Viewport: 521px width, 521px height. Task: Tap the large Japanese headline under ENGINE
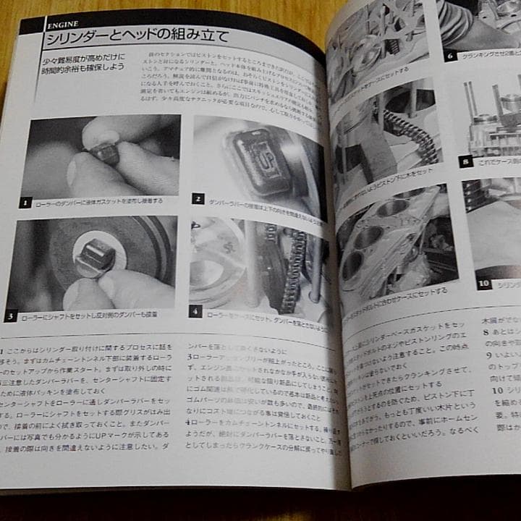click(137, 36)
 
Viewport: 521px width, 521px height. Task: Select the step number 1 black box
click(26, 203)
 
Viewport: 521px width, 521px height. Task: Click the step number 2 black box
click(198, 198)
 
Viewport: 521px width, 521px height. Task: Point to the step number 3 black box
click(11, 316)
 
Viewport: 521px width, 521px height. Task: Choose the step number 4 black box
click(195, 312)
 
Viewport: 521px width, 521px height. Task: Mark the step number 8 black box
click(467, 161)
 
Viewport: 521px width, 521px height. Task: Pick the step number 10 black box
click(484, 283)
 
